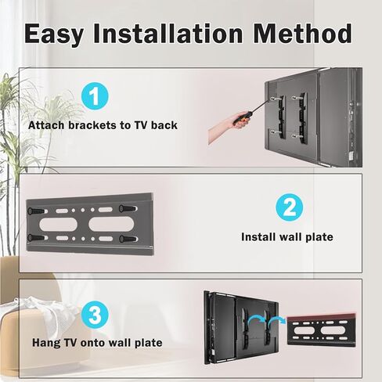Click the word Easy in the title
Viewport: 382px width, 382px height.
coord(54,34)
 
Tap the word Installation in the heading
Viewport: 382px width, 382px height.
coord(168,33)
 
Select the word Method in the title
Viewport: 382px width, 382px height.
coord(302,33)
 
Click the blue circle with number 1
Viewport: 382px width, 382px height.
coord(95,96)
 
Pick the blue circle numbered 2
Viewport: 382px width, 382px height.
coord(290,207)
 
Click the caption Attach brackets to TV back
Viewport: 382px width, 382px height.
coord(103,125)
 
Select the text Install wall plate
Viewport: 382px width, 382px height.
coord(287,237)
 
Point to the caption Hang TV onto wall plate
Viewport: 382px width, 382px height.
coord(97,343)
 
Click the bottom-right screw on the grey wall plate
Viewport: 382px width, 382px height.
coord(128,239)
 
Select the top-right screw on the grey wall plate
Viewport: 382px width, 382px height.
coord(128,208)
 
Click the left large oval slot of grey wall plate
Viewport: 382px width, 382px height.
coord(58,225)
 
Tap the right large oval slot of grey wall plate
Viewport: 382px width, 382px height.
coord(111,224)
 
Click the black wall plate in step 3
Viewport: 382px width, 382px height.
coord(321,330)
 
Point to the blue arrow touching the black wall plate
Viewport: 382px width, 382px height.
coord(277,320)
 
